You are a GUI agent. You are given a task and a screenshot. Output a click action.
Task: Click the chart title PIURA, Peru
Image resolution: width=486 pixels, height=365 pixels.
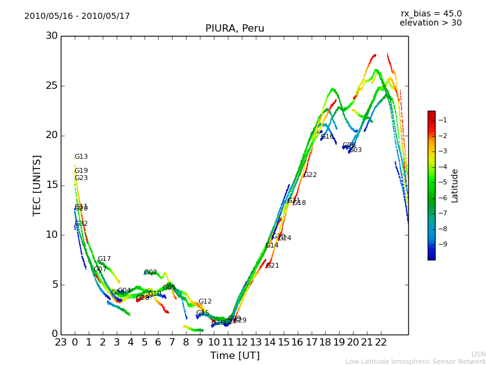click(234, 29)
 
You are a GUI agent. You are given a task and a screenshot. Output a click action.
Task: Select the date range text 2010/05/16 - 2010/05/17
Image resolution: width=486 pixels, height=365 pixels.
click(77, 16)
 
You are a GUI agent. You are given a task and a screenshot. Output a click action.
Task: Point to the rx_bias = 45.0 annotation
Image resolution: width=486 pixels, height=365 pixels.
click(431, 14)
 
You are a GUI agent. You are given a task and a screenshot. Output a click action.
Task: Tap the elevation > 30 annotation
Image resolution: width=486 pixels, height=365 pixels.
click(431, 23)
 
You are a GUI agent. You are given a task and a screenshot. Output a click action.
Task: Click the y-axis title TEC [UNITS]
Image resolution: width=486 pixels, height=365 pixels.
click(38, 186)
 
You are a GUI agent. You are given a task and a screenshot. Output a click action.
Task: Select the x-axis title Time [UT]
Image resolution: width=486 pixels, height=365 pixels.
click(234, 356)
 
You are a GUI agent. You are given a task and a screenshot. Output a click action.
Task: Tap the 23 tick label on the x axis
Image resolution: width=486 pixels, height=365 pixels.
click(61, 342)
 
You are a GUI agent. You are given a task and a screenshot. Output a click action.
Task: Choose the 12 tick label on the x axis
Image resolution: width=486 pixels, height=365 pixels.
click(242, 342)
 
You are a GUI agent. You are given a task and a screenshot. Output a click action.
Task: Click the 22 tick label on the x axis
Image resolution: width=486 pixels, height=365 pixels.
click(381, 342)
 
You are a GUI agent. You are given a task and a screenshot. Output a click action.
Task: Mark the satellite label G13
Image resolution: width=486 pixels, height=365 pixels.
click(81, 157)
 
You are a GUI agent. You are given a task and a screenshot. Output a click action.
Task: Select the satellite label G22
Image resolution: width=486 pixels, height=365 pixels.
click(310, 175)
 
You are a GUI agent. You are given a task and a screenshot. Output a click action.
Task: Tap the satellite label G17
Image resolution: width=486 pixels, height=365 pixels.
click(104, 259)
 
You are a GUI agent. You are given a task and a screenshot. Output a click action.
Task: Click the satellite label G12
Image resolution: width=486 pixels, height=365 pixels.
click(205, 302)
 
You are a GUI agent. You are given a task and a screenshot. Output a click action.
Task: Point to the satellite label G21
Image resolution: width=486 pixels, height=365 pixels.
click(273, 266)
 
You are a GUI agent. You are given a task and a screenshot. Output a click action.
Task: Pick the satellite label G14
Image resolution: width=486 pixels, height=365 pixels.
click(272, 246)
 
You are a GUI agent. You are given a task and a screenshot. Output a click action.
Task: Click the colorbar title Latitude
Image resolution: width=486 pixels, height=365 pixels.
click(455, 186)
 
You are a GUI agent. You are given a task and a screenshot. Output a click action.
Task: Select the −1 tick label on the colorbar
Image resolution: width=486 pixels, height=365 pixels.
click(443, 120)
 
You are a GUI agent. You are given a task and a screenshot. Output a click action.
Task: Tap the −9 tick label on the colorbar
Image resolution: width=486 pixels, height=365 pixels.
click(443, 245)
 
